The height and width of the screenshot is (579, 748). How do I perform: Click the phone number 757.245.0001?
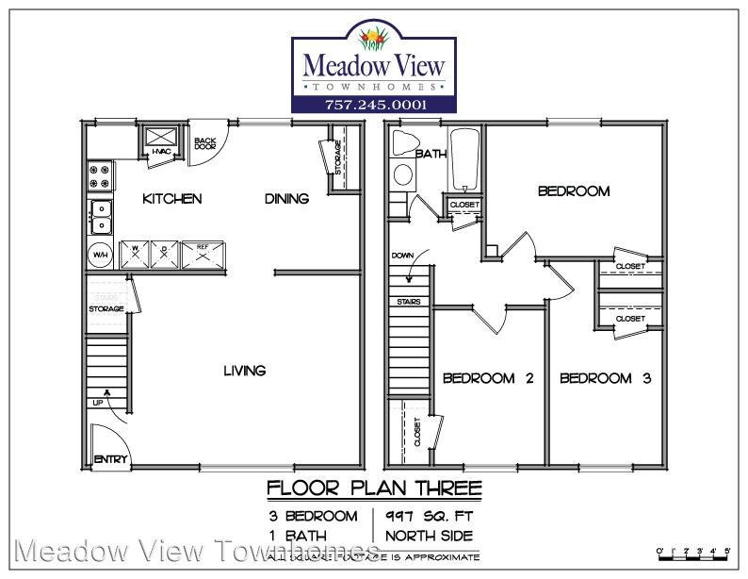[x=373, y=104]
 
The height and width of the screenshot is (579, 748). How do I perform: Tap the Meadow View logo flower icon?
[x=375, y=39]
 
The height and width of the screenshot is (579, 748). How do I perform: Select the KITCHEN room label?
[x=171, y=199]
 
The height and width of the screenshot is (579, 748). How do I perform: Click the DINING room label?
[x=286, y=199]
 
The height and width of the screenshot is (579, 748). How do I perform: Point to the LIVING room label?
[x=244, y=371]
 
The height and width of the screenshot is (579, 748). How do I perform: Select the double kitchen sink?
[x=100, y=216]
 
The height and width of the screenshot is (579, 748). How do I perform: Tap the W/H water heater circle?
[x=100, y=255]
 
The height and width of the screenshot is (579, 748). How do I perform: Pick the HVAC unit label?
[x=161, y=151]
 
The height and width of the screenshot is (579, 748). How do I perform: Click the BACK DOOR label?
[x=204, y=144]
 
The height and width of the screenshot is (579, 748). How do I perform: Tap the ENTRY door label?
[x=109, y=460]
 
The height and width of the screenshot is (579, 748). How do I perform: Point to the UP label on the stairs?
[x=98, y=404]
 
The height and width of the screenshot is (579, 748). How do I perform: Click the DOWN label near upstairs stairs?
[x=403, y=255]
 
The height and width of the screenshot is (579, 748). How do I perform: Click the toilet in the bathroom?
[x=403, y=174]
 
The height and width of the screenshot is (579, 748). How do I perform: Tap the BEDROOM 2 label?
[x=488, y=378]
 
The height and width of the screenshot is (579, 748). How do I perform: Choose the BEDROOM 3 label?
[x=606, y=378]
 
